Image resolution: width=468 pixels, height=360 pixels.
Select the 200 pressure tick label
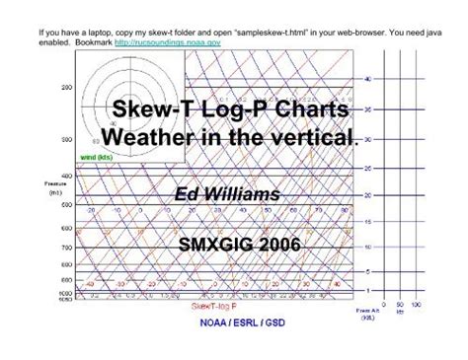pos(67,88)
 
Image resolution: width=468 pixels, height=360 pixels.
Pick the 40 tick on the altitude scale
pos(367,78)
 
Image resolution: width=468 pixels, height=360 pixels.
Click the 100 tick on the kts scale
pos(416,307)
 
